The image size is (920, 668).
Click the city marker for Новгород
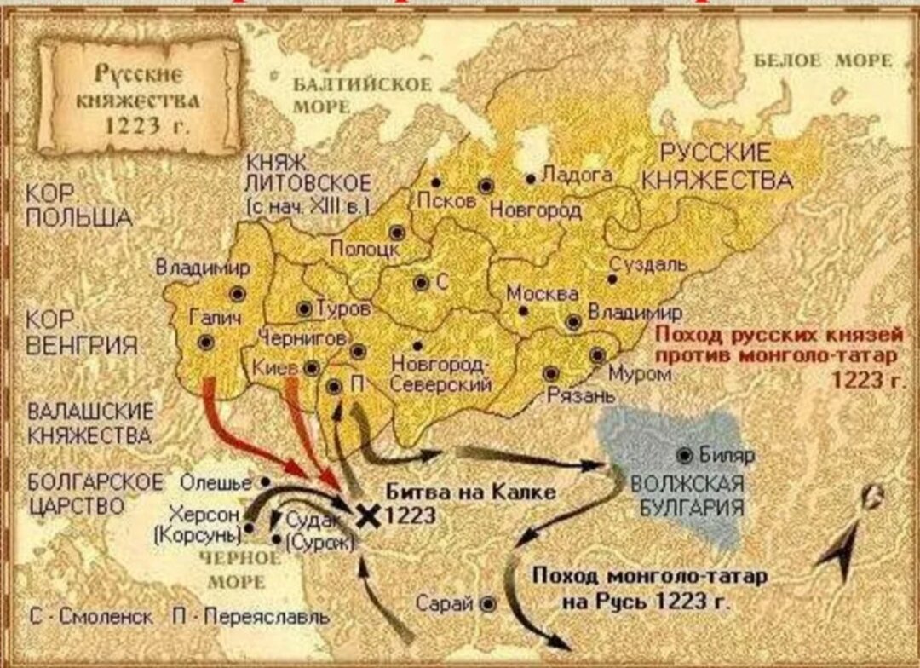tap(486, 187)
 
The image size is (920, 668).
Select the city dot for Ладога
tap(531, 179)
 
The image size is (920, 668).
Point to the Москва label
tap(543, 293)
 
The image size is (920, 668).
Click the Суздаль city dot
tap(612, 279)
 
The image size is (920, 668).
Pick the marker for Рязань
tap(551, 373)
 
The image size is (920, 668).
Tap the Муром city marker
tap(598, 355)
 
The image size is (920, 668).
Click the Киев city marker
tap(313, 368)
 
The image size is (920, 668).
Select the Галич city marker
tap(206, 342)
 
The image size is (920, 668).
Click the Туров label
tap(343, 308)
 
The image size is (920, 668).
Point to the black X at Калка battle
tap(368, 514)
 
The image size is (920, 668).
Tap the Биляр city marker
tap(684, 454)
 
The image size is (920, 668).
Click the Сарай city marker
tap(487, 603)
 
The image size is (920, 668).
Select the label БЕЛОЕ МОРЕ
tap(823, 60)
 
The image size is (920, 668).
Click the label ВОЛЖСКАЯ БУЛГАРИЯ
tap(687, 494)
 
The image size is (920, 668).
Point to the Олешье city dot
tap(266, 481)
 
